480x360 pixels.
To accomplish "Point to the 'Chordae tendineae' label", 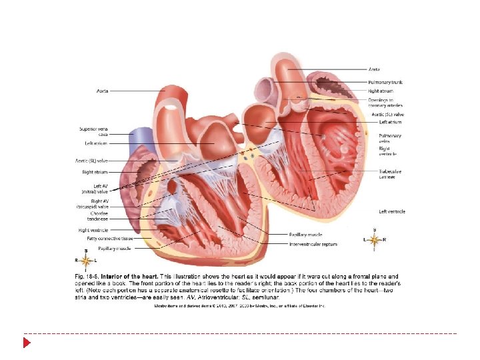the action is (97, 216).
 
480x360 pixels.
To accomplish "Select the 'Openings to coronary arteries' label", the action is (385, 103).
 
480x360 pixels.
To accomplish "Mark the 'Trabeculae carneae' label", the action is (390, 174).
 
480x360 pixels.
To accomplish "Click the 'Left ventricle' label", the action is (392, 212).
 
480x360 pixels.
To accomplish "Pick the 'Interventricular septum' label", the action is (313, 245).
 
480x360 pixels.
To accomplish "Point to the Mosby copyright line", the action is (239, 305).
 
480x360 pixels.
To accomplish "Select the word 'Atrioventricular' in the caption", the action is (211, 297).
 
